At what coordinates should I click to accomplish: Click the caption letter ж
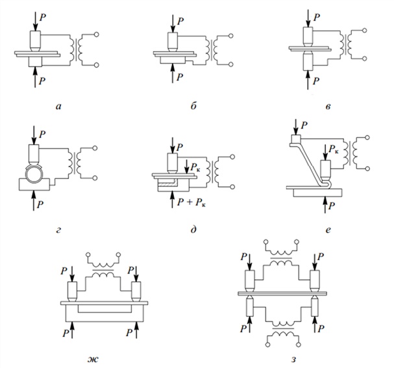point(103,357)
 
